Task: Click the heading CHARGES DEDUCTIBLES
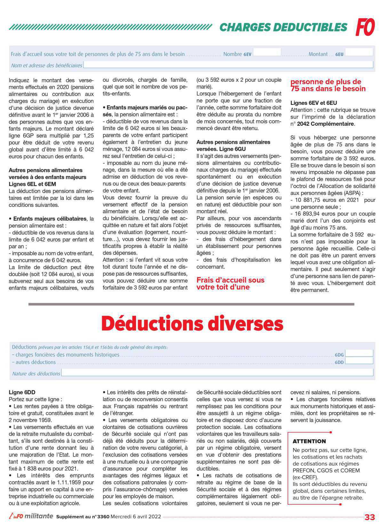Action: (x=283, y=27)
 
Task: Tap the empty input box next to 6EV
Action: (x=267, y=52)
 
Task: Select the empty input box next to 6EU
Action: (x=359, y=52)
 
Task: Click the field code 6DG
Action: (x=339, y=355)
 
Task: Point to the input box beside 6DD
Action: (x=359, y=361)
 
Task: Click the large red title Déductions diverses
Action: (x=192, y=324)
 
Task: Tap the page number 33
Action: (x=370, y=517)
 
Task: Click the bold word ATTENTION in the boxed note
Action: (x=309, y=441)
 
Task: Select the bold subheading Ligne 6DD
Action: (x=22, y=392)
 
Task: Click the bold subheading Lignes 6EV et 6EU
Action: (x=314, y=103)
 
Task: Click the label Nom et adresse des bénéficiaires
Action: (x=47, y=66)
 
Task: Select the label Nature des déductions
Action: (x=36, y=373)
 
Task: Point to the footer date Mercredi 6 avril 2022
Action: (x=136, y=517)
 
